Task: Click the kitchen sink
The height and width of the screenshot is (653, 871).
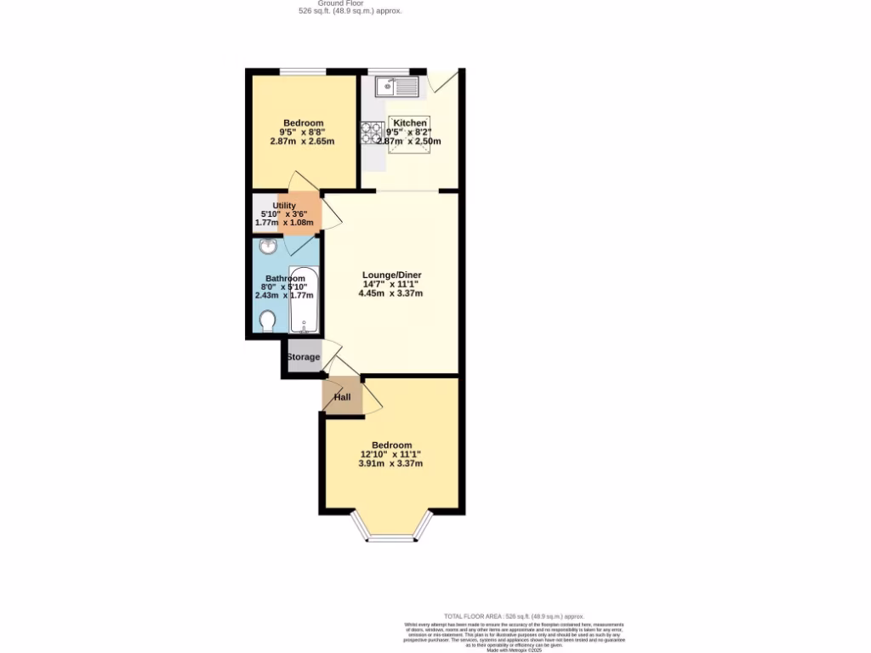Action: point(397,86)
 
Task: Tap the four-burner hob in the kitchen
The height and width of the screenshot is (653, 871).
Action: point(373,133)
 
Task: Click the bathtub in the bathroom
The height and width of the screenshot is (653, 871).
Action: point(304,302)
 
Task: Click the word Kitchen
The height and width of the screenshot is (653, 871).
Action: point(410,123)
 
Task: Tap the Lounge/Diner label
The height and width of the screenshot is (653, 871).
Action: point(391,275)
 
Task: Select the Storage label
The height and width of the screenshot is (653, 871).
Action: point(303,357)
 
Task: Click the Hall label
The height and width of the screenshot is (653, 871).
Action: point(342,397)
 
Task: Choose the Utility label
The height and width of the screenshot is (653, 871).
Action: point(284,205)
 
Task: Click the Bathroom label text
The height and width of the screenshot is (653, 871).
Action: point(285,278)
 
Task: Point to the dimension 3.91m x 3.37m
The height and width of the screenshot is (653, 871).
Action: point(390,463)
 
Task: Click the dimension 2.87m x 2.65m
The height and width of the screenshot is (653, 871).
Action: point(302,141)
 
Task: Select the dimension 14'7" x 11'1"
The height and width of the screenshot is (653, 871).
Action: point(391,284)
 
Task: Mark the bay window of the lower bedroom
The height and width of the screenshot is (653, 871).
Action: point(391,537)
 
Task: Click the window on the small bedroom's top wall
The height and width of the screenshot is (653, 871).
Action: point(304,71)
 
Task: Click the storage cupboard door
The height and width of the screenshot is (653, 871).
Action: point(332,351)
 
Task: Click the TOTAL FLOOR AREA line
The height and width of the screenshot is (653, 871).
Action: point(514,616)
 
